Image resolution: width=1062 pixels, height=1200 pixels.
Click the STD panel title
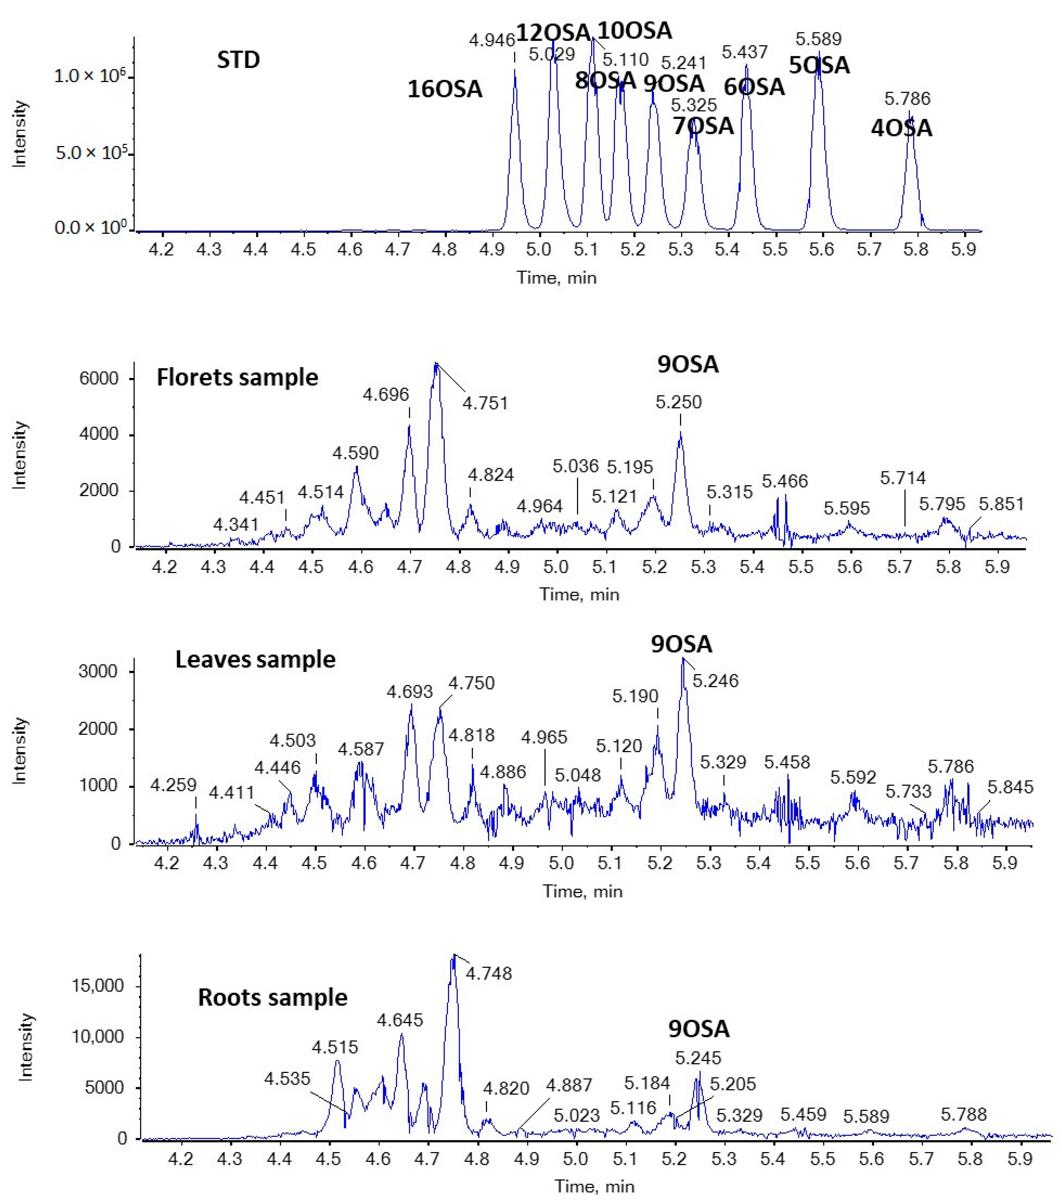[238, 60]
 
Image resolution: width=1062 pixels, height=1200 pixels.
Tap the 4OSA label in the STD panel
[901, 128]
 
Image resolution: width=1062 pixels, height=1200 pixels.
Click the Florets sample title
[237, 377]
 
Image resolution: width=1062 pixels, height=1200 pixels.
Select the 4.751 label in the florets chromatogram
[485, 403]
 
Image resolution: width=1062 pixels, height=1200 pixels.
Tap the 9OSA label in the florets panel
[688, 364]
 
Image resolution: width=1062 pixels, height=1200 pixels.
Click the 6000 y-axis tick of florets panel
[99, 379]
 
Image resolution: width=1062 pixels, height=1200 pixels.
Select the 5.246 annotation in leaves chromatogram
[716, 681]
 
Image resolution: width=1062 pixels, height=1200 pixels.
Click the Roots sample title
[272, 997]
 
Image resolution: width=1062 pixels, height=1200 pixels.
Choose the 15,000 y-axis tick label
[97, 986]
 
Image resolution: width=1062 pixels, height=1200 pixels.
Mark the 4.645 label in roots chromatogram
[400, 1020]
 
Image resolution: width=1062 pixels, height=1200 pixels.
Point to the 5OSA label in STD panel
[819, 65]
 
